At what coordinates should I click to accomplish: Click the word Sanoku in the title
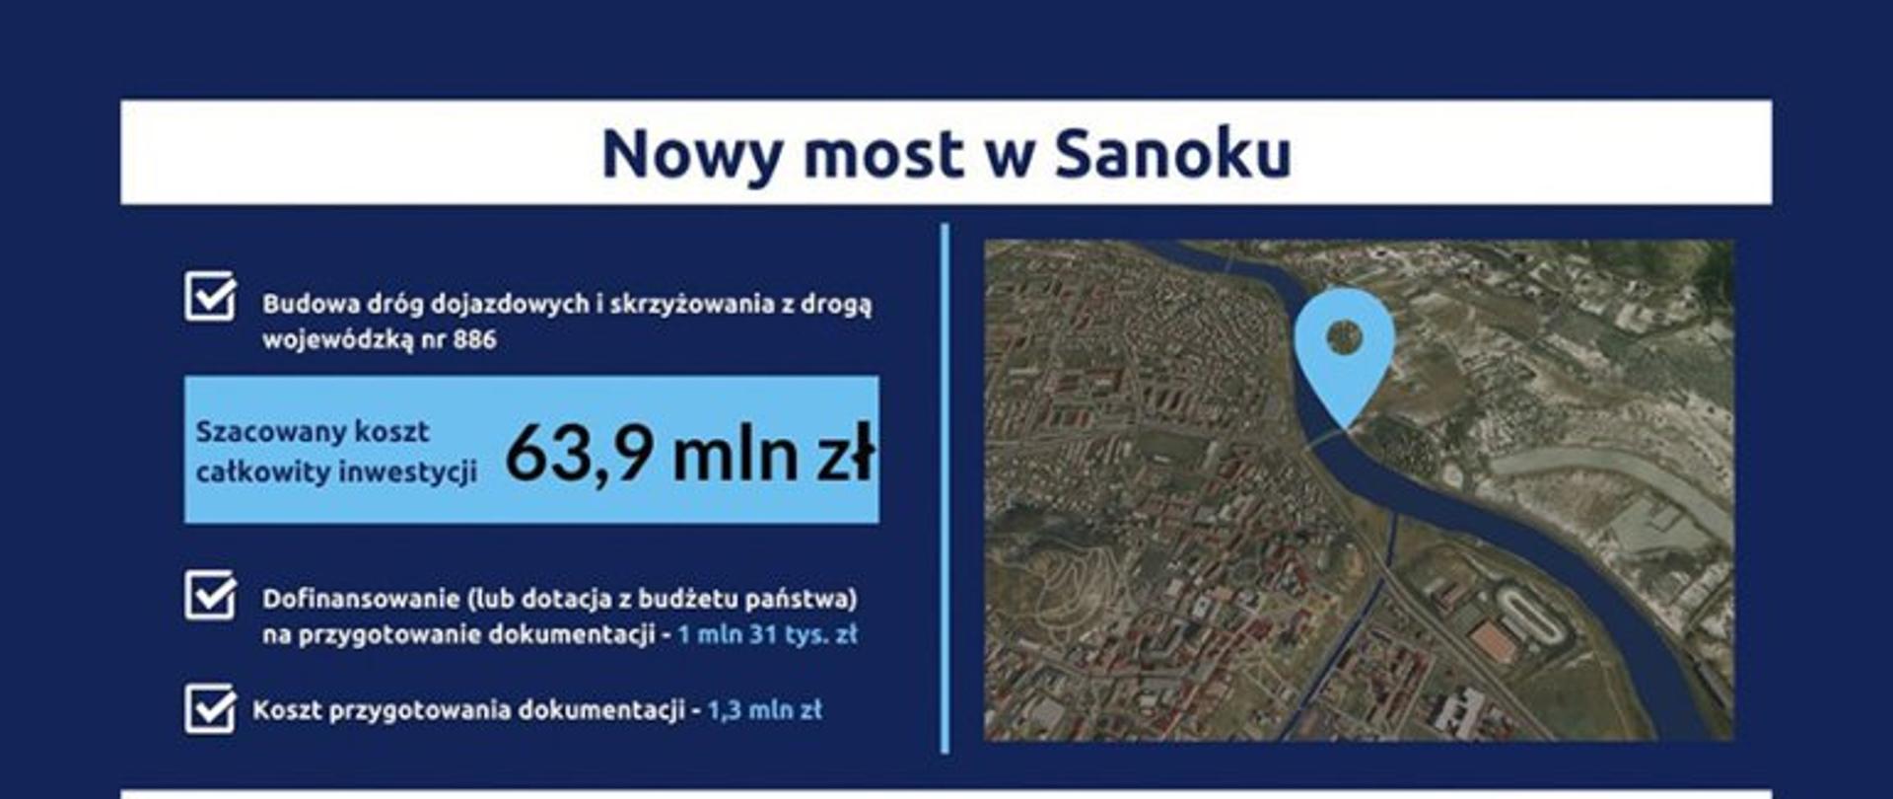(1172, 155)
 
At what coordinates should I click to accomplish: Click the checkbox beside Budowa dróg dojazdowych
(210, 297)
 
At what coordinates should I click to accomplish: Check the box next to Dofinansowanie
(210, 595)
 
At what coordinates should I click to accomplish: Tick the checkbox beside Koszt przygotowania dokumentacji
(210, 709)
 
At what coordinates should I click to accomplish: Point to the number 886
(474, 340)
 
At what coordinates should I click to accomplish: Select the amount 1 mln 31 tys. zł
(767, 634)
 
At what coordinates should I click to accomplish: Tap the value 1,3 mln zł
(764, 710)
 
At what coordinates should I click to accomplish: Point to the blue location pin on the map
(1344, 345)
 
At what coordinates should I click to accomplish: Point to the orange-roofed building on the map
(1494, 641)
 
